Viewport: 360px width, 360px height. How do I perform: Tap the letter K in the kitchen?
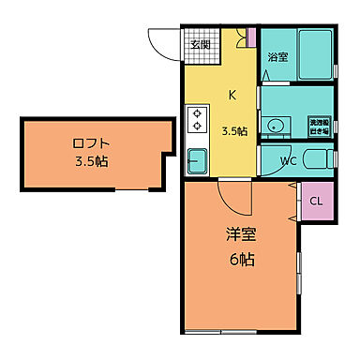click(232, 94)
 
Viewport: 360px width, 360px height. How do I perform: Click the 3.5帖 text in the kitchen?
click(234, 130)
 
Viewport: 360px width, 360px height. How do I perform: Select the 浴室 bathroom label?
click(277, 57)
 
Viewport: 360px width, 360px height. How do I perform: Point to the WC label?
click(291, 161)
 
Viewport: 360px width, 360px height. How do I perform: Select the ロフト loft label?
click(91, 143)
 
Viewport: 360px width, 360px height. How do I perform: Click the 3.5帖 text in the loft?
click(91, 162)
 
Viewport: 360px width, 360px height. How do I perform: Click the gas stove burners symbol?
click(198, 121)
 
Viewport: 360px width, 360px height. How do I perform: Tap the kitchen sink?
click(198, 162)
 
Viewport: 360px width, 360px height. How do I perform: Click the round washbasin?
click(276, 125)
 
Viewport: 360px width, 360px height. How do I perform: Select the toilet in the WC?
click(319, 158)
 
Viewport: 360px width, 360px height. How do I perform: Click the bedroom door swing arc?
click(232, 199)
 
